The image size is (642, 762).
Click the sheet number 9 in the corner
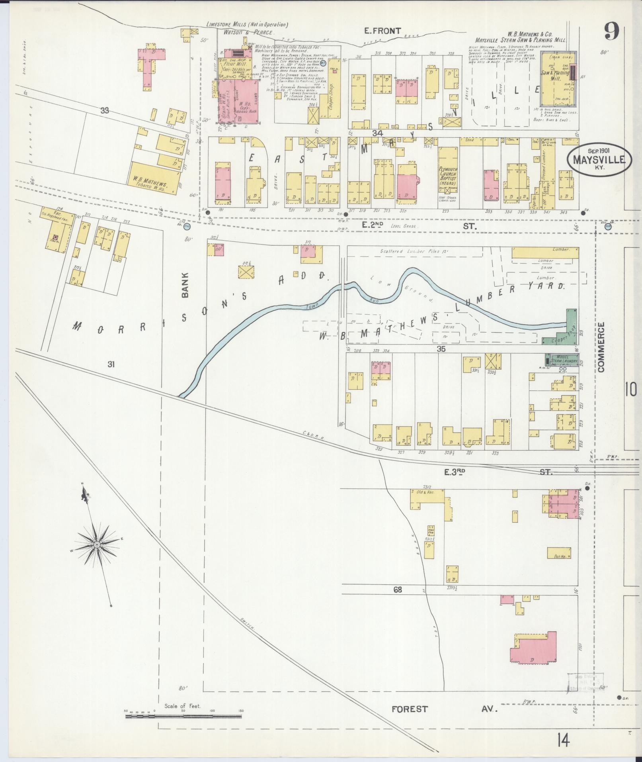click(612, 31)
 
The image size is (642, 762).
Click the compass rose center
click(97, 545)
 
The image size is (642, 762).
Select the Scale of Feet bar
click(183, 716)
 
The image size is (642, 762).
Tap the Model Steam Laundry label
click(564, 359)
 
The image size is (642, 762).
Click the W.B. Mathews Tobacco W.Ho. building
click(153, 178)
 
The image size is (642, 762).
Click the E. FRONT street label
click(383, 31)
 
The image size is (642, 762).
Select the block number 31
click(111, 364)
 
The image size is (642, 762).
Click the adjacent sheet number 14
click(563, 741)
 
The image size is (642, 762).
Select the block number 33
click(105, 111)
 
